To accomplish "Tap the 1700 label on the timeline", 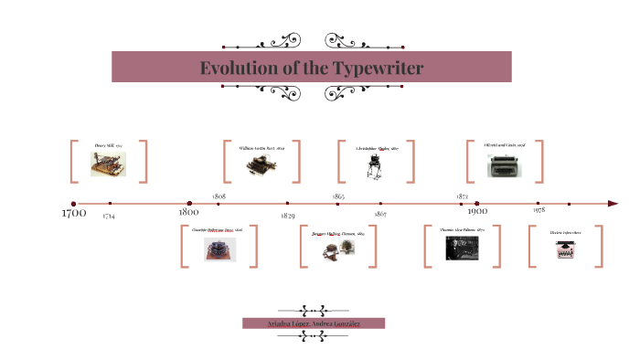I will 73,214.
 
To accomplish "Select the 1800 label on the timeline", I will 190,212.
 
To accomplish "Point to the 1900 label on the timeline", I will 476,212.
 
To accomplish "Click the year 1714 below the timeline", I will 109,216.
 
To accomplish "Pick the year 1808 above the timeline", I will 219,196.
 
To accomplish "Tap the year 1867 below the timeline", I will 380,214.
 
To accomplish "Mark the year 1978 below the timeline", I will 539,211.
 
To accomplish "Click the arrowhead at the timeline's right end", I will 613,204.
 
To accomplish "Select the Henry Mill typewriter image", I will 108,164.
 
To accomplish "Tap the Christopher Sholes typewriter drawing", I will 373,165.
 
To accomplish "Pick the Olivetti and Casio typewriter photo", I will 506,165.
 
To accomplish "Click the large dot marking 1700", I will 73,204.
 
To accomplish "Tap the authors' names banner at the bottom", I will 314,323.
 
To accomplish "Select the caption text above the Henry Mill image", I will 108,146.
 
